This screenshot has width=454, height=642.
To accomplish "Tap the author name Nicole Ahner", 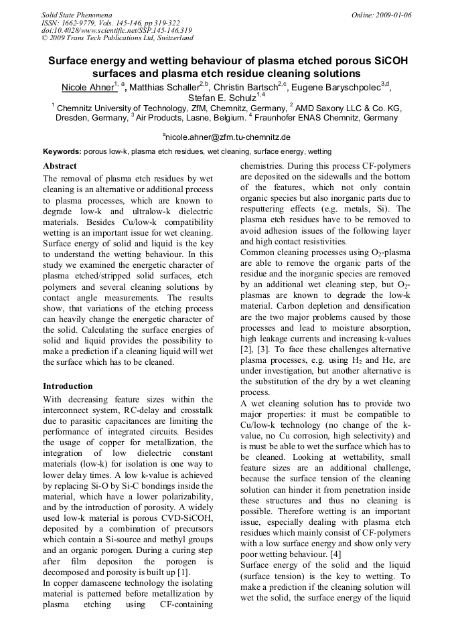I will coord(87,88).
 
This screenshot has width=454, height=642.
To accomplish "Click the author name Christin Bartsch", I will coord(247,88).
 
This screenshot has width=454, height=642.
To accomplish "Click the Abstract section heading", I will coord(60,165).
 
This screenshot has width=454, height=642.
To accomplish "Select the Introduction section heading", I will coord(68,386).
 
